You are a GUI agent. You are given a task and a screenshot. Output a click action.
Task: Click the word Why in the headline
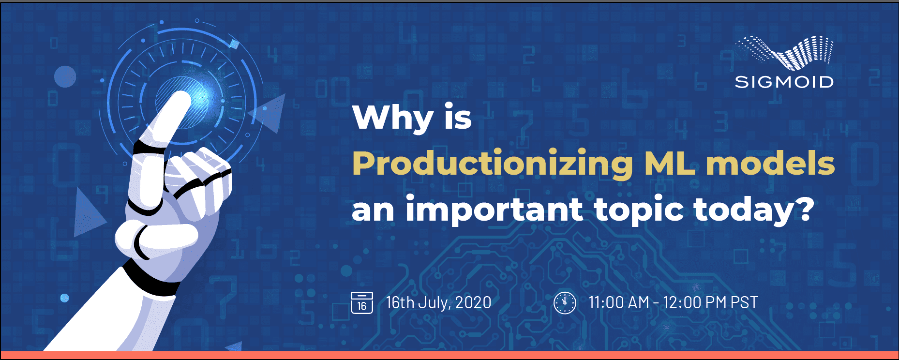pyautogui.click(x=393, y=118)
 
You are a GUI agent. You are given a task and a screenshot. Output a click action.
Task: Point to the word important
pyautogui.click(x=494, y=210)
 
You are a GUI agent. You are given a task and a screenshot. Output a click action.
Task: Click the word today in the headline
pyautogui.click(x=744, y=210)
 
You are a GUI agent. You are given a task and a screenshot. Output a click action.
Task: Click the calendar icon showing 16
pyautogui.click(x=362, y=303)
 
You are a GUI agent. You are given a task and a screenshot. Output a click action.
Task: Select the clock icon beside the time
pyautogui.click(x=565, y=303)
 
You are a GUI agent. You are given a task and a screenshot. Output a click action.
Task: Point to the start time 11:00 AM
pyautogui.click(x=619, y=303)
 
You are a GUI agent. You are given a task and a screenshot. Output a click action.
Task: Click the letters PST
pyautogui.click(x=744, y=303)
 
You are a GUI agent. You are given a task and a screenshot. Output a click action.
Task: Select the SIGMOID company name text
pyautogui.click(x=784, y=82)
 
